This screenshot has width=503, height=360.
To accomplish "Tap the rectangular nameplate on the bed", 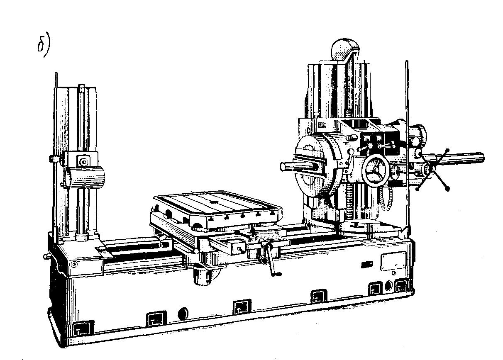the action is [x=393, y=261].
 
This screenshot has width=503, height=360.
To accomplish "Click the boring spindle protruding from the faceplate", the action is [x=296, y=167].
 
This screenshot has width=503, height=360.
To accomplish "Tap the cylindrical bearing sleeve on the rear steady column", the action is [x=85, y=178].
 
